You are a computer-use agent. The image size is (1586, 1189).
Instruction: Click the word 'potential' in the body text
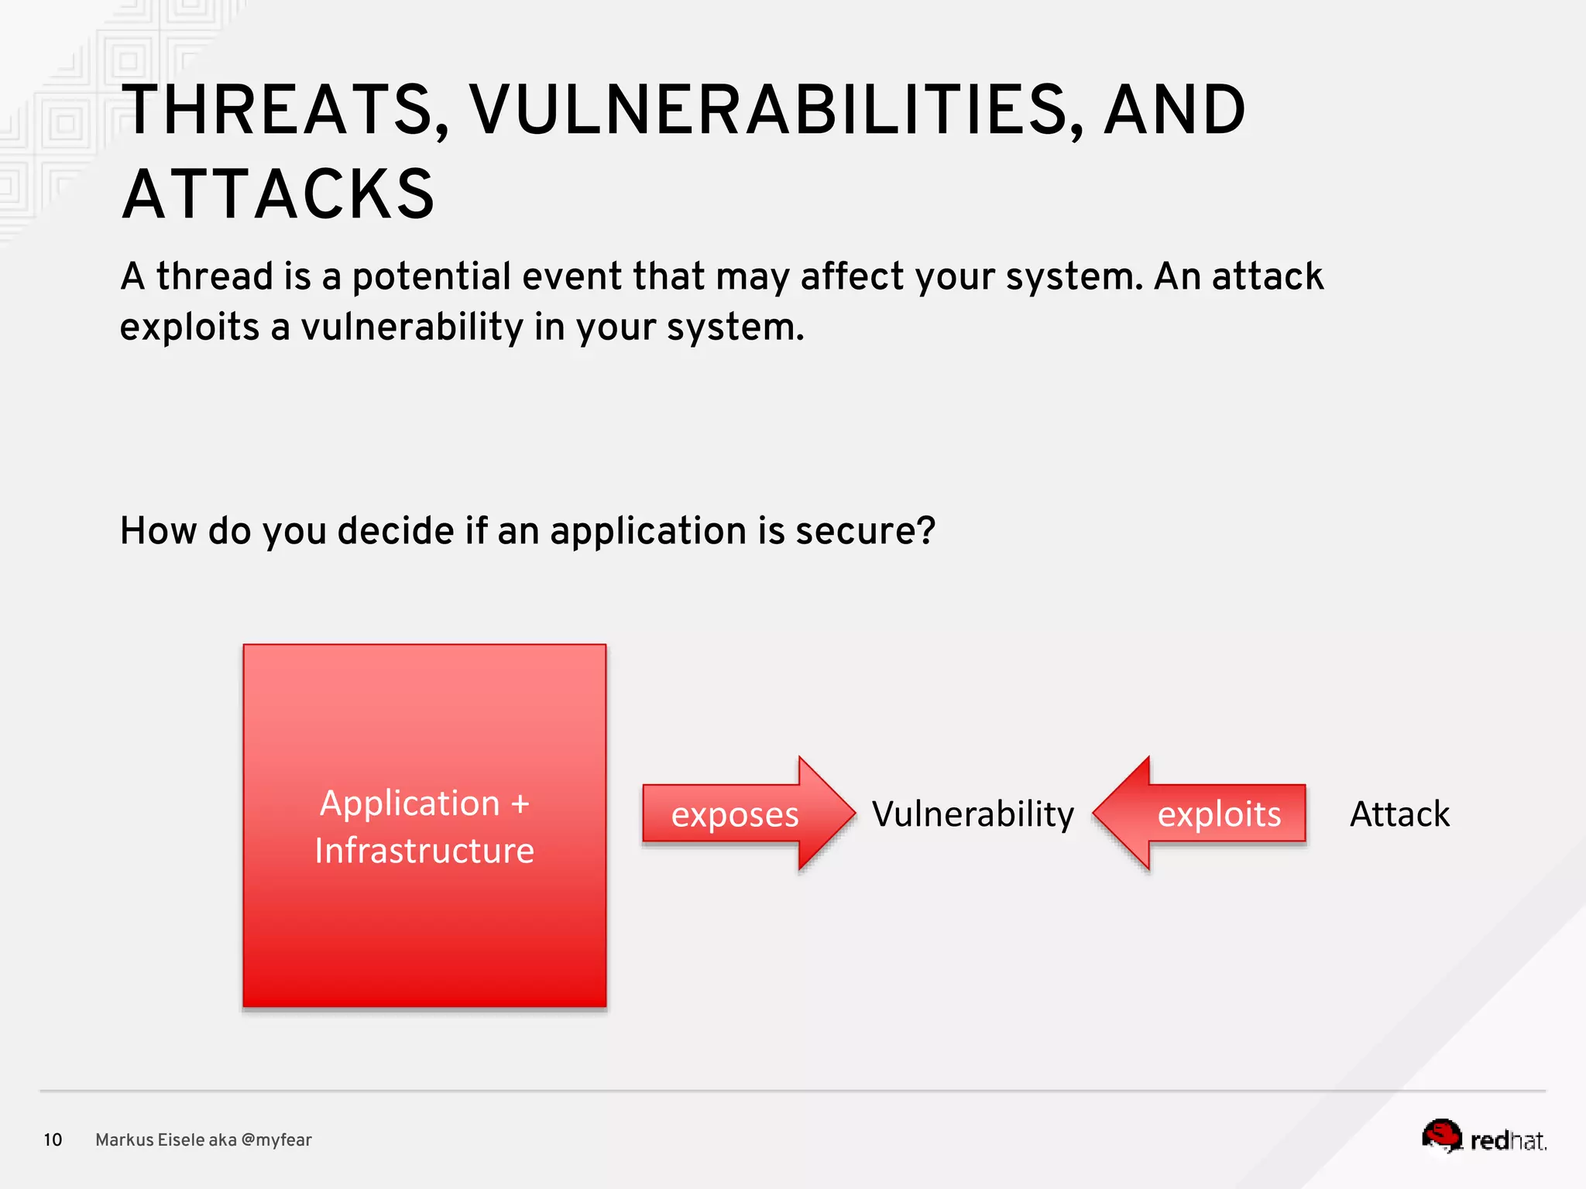(431, 277)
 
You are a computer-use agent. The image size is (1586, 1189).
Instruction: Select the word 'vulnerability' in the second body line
(412, 327)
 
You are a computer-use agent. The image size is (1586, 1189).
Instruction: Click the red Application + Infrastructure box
(424, 929)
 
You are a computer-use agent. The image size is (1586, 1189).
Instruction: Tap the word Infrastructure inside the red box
(424, 851)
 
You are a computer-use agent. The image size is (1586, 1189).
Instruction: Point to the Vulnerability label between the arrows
(973, 814)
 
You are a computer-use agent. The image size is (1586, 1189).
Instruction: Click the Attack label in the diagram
(1399, 814)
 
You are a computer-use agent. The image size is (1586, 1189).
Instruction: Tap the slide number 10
(53, 1139)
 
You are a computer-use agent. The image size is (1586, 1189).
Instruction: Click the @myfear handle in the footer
(276, 1139)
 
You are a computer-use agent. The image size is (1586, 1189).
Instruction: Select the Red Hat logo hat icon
(1441, 1135)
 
